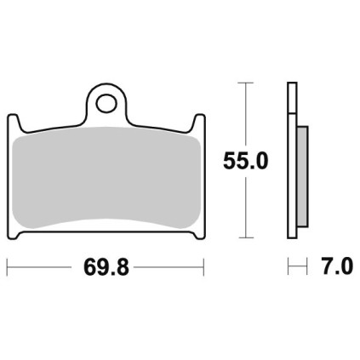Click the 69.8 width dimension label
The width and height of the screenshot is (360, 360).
pos(106,267)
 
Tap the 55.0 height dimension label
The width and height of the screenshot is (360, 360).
pos(245,161)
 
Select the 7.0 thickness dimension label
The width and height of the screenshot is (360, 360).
pos(337,266)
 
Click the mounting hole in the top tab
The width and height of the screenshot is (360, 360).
pos(106,104)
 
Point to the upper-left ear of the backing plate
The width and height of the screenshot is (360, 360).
pos(14,121)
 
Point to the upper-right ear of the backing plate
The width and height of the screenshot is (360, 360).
pos(199,121)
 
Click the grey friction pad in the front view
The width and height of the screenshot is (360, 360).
pos(106,178)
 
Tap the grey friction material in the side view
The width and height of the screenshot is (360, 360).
pos(302,176)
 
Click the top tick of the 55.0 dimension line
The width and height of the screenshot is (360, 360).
pos(245,83)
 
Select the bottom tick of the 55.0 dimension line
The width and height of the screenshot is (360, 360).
pos(245,237)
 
